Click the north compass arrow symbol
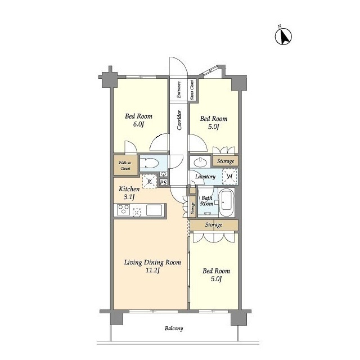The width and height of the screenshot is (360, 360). coord(283,36)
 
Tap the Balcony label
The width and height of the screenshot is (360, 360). coord(174,328)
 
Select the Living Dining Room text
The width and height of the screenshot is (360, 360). coord(152,263)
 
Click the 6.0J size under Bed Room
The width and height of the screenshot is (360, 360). coord(138,124)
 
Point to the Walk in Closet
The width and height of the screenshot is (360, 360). coord(125,165)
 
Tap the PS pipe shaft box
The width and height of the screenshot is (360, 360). coord(163,183)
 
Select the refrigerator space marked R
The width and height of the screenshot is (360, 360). coord(150,182)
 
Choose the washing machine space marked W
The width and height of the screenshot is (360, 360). coord(229,176)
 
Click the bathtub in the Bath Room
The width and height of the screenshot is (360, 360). coord(226,202)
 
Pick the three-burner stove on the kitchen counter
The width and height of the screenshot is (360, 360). coord(123,210)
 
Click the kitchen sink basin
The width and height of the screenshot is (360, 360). coord(154,210)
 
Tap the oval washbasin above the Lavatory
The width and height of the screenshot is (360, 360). coord(200,162)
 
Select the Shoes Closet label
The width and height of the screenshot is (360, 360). coord(192,89)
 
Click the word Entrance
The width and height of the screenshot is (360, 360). coord(179,89)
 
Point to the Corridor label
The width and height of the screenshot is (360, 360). coord(179,120)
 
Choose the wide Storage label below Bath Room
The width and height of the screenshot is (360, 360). coord(214,225)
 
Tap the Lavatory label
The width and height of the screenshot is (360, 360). coord(205,177)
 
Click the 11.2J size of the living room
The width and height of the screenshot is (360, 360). coord(152,270)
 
